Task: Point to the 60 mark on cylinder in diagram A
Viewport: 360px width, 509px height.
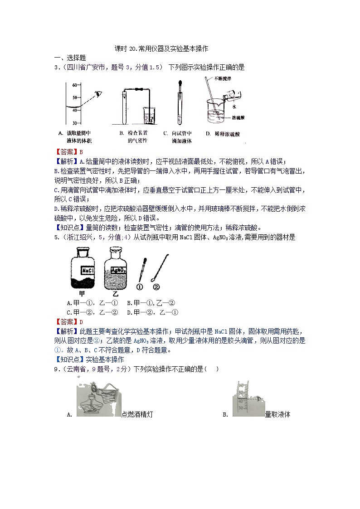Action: [75, 84]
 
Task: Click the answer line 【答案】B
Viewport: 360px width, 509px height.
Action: [66, 152]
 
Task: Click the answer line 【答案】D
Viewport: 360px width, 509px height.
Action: [66, 322]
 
